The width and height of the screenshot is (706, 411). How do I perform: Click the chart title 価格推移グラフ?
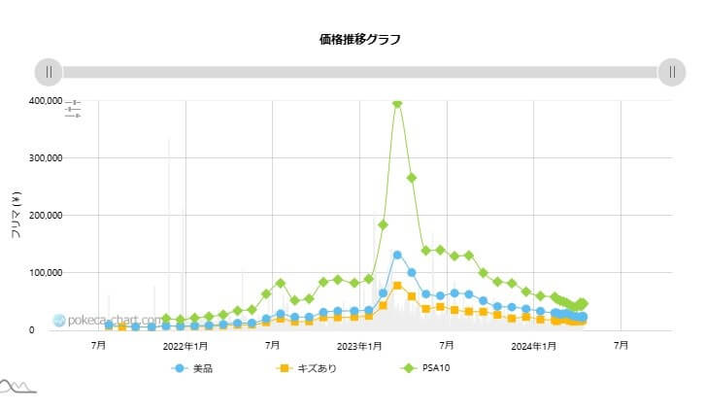coord(359,40)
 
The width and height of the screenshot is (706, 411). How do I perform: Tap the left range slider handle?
coord(49,72)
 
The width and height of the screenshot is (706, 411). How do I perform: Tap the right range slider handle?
coord(672,72)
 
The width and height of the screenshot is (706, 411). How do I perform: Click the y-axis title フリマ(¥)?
coord(16,216)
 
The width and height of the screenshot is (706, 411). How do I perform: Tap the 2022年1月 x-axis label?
coord(185,346)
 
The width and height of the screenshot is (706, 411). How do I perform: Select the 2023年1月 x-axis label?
coord(359,346)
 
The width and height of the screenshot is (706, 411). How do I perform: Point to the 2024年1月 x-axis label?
coord(534,346)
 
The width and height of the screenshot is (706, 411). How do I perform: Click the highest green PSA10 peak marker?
coord(397,103)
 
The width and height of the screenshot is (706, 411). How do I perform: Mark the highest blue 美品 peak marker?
coord(397,256)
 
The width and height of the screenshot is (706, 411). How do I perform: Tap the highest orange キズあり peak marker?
coord(397,286)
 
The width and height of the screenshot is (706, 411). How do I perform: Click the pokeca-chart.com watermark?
coord(107,320)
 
